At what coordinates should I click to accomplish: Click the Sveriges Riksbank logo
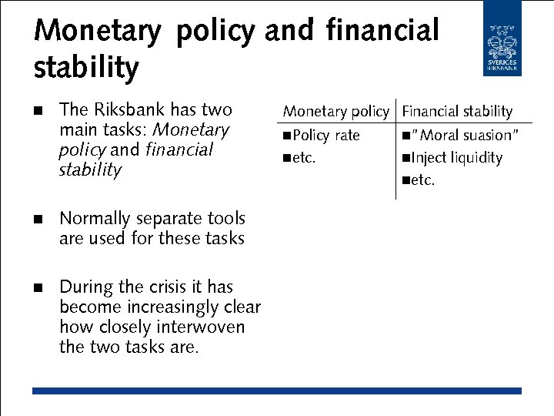click(502, 39)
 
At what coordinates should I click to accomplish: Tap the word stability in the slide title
click(86, 68)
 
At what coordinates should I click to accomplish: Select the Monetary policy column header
click(336, 112)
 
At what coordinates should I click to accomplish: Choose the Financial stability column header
click(457, 112)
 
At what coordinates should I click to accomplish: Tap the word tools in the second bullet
click(225, 219)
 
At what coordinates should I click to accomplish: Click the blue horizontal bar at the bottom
click(277, 391)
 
